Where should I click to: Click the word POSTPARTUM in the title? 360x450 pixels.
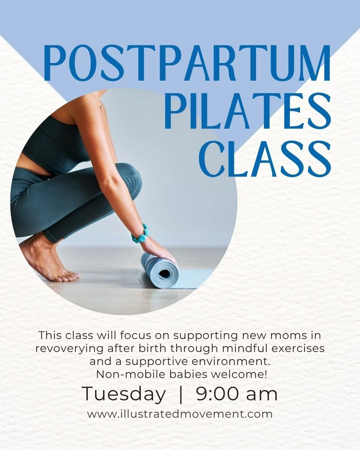click(x=187, y=63)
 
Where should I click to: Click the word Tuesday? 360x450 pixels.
click(x=124, y=394)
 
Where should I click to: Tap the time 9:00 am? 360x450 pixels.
click(x=237, y=394)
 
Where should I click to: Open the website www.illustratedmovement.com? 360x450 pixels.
click(x=180, y=414)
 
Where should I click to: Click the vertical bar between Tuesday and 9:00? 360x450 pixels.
click(x=181, y=394)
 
